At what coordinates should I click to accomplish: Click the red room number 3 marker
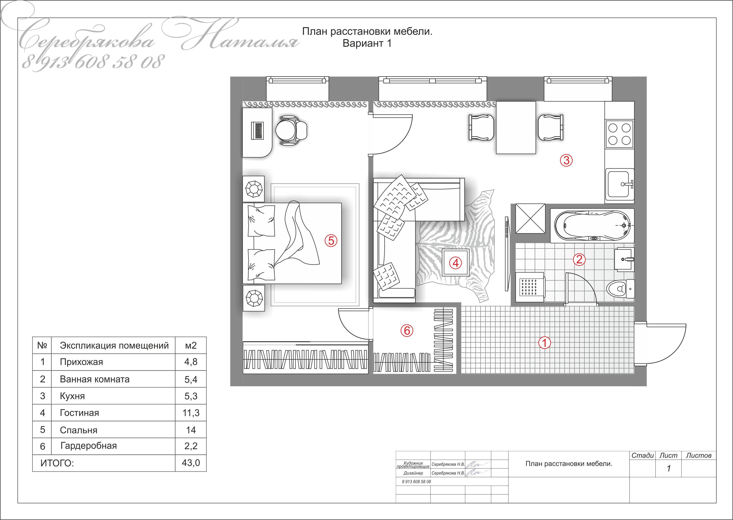coord(566,160)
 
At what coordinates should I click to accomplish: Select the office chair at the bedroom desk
coord(291,131)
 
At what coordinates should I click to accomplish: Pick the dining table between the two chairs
coord(516,127)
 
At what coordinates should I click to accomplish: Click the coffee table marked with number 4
coord(456,263)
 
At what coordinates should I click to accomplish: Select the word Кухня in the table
coord(72,396)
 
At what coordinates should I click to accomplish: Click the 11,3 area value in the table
coord(191,413)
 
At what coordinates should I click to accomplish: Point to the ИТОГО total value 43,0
coord(191,463)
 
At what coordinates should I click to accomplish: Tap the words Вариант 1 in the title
coord(367,43)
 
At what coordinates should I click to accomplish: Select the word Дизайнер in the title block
coord(413,473)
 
